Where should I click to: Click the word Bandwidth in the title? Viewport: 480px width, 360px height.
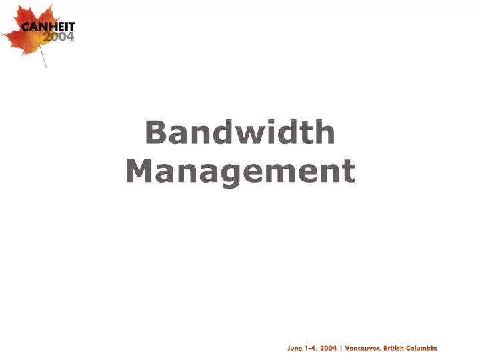pyautogui.click(x=240, y=133)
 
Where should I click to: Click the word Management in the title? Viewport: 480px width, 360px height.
pyautogui.click(x=240, y=171)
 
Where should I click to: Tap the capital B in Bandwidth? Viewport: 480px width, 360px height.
pyautogui.click(x=155, y=133)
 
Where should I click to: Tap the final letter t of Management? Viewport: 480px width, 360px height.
pyautogui.click(x=349, y=171)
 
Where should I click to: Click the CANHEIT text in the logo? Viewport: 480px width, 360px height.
pyautogui.click(x=49, y=28)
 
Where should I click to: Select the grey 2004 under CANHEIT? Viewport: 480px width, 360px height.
pyautogui.click(x=59, y=37)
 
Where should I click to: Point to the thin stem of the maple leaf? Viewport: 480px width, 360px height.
pyautogui.click(x=43, y=59)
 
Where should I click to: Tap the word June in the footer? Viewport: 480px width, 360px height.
pyautogui.click(x=295, y=348)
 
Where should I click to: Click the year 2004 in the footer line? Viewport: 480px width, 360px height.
pyautogui.click(x=328, y=348)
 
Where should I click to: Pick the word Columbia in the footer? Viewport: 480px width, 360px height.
pyautogui.click(x=424, y=348)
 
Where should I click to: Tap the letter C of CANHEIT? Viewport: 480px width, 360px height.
pyautogui.click(x=26, y=28)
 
